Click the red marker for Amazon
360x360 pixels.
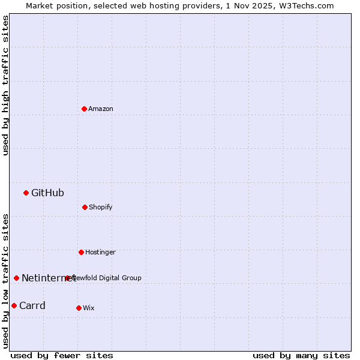coord(84,109)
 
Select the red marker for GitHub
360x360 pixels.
coord(26,193)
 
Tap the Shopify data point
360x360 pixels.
coord(85,207)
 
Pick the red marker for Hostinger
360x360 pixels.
coord(81,252)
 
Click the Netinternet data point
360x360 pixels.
coord(16,278)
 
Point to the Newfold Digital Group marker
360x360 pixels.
coord(67,278)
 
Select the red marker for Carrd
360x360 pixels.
coord(14,305)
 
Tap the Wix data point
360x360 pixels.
coord(79,308)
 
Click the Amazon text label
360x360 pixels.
coord(101,109)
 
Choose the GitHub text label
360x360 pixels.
coord(47,193)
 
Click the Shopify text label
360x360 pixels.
coord(101,207)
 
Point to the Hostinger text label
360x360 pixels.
coord(100,252)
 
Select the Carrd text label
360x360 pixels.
coord(32,305)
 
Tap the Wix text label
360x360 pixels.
coord(89,308)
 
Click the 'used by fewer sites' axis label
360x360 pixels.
coord(62,355)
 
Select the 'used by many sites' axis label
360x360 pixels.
coord(301,355)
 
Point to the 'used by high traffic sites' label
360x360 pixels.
coord(5,85)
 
